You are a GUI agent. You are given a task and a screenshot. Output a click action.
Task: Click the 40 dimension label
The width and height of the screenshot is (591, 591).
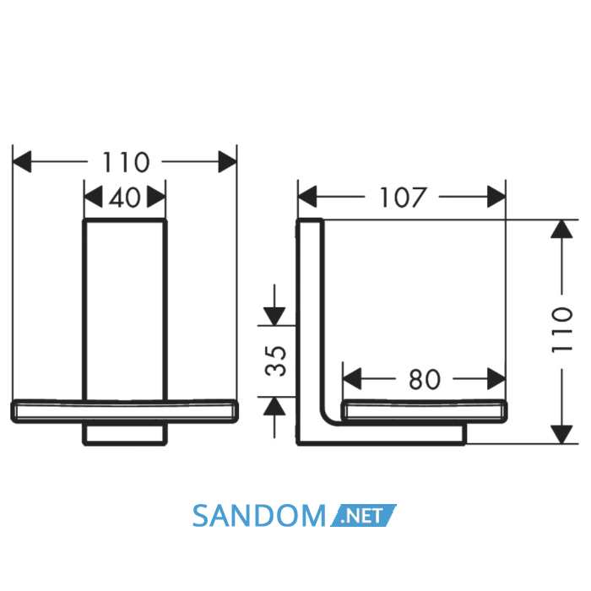click(x=125, y=197)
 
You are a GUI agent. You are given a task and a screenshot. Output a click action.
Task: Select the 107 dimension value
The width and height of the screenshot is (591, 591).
click(x=402, y=197)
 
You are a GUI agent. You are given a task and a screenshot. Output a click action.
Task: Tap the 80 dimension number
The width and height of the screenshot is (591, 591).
click(x=425, y=379)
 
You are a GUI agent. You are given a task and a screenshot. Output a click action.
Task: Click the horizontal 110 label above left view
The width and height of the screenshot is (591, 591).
click(x=126, y=162)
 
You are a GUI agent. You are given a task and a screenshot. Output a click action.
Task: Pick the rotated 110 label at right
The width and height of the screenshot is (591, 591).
click(x=562, y=331)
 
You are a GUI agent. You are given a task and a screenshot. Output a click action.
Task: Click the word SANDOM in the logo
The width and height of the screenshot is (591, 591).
click(x=259, y=516)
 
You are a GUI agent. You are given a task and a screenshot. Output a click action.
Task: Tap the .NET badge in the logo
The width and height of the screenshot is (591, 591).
click(x=363, y=515)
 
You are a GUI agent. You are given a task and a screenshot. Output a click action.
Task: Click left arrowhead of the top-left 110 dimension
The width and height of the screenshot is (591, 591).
click(x=22, y=162)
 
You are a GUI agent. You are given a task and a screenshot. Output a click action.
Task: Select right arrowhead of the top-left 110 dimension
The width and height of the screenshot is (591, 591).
click(x=228, y=162)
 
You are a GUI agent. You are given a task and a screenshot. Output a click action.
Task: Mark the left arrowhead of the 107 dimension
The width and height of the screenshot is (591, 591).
click(x=307, y=197)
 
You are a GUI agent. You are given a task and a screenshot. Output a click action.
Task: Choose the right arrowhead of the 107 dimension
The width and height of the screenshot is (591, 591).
click(x=496, y=197)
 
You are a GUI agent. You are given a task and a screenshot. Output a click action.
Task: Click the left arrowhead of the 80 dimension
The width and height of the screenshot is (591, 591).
click(x=352, y=379)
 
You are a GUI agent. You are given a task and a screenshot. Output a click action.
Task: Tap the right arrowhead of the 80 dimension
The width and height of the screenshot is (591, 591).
click(x=496, y=379)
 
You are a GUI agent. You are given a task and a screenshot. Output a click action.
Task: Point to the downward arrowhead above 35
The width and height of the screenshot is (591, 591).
click(x=274, y=317)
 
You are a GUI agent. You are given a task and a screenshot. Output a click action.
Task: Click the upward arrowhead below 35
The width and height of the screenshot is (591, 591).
click(x=274, y=406)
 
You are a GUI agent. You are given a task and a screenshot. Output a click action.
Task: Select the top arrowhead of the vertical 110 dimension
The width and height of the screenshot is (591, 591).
click(x=561, y=229)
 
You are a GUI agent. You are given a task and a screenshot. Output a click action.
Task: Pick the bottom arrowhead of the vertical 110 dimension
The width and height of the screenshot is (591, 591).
click(x=561, y=435)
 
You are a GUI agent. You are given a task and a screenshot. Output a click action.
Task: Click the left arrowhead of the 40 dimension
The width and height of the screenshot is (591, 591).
click(x=93, y=197)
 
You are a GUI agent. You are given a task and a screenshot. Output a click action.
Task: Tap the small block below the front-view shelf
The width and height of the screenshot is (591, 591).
click(x=125, y=434)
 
